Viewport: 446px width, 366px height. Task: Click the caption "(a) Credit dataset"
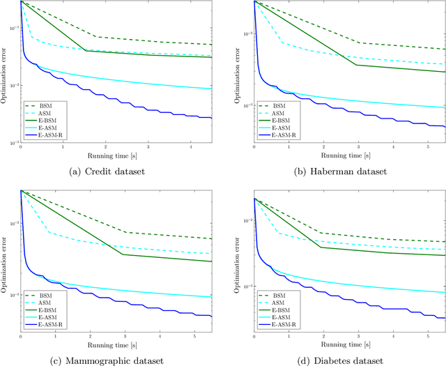coord(107,171)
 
